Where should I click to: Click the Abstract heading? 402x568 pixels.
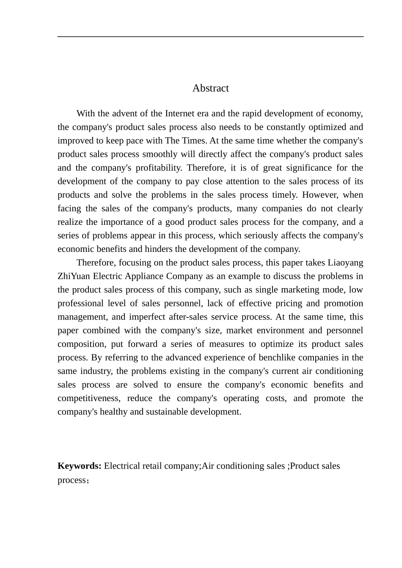pos(210,88)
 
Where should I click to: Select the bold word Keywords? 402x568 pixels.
pos(80,466)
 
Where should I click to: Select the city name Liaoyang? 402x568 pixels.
pos(345,262)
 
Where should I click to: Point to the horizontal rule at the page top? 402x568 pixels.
pos(210,37)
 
